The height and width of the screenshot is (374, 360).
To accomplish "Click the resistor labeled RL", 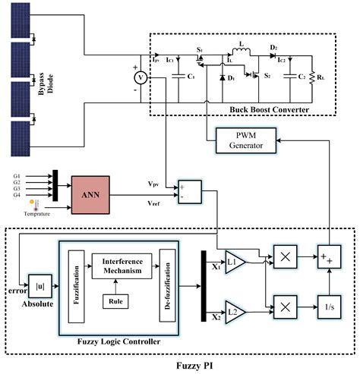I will click(310, 82).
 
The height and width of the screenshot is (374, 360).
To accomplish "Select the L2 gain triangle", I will click(233, 309).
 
